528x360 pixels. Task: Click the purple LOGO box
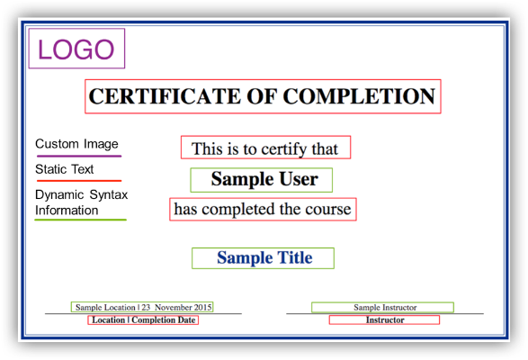pyautogui.click(x=76, y=49)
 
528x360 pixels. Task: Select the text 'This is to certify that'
pyautogui.click(x=264, y=148)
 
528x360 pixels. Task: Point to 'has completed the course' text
pyautogui.click(x=263, y=210)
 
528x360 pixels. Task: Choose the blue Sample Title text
pyautogui.click(x=264, y=258)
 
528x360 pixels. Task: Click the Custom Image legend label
pyautogui.click(x=76, y=144)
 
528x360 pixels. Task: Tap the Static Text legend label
pyautogui.click(x=65, y=169)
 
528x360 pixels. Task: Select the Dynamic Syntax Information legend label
pyautogui.click(x=81, y=202)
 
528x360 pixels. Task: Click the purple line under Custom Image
pyautogui.click(x=78, y=156)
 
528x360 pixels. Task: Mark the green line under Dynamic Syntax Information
pyautogui.click(x=80, y=220)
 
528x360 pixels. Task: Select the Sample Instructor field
pyautogui.click(x=385, y=308)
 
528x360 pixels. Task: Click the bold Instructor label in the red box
pyautogui.click(x=385, y=320)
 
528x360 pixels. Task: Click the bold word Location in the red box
pyautogui.click(x=109, y=320)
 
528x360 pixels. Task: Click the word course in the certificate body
pyautogui.click(x=328, y=210)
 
